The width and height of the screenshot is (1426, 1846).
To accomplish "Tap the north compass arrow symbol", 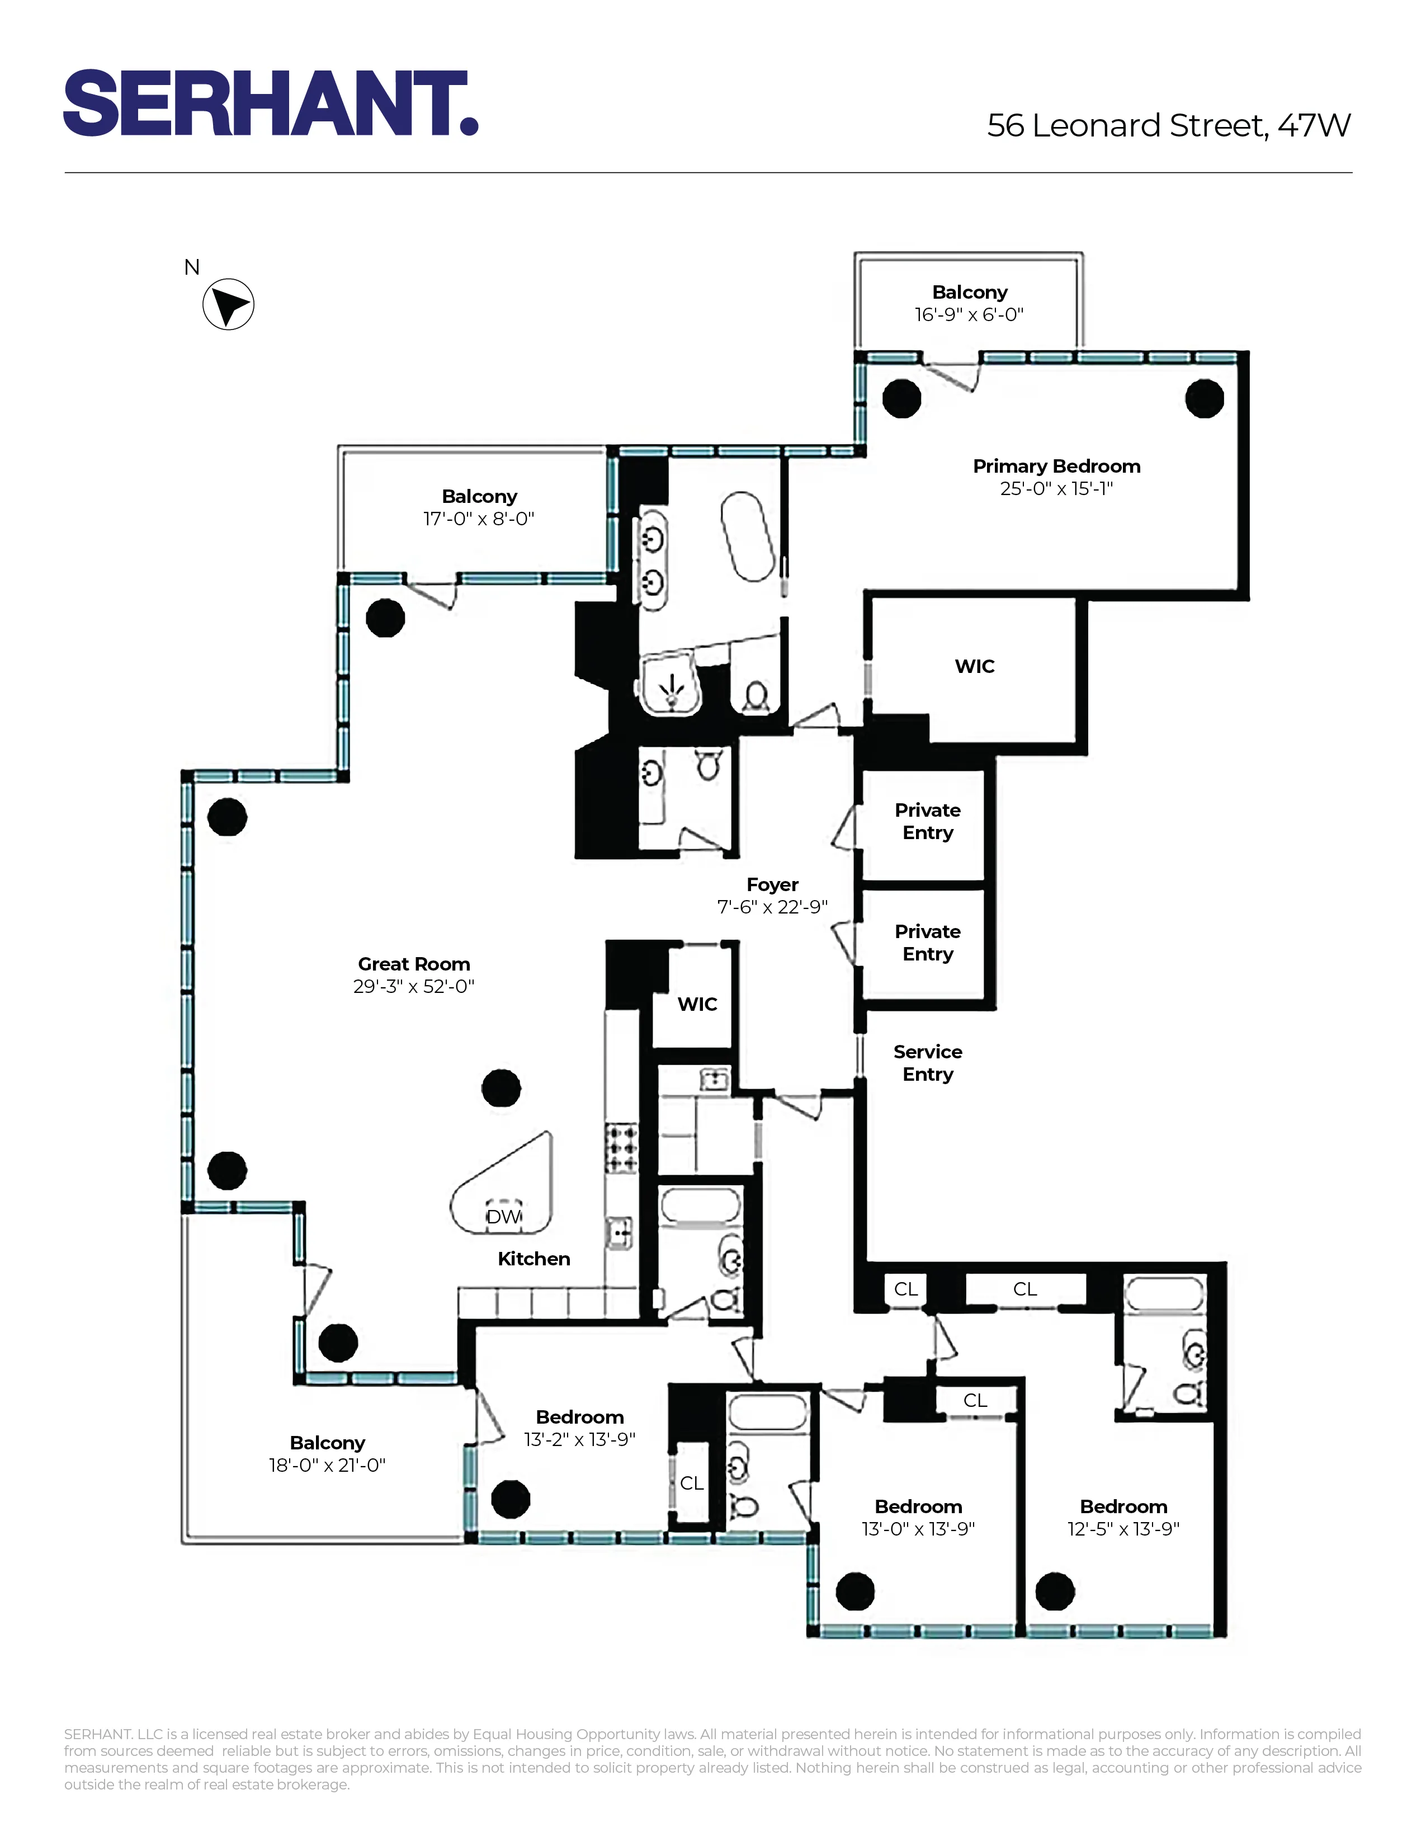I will pos(228,304).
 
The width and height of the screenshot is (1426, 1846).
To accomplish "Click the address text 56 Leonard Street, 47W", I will pos(1168,126).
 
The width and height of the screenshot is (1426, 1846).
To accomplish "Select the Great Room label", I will pos(413,964).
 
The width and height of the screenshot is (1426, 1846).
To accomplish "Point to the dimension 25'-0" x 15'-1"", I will pos(1056,488).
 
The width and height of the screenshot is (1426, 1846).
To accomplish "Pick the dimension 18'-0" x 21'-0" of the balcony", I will pos(327,1465).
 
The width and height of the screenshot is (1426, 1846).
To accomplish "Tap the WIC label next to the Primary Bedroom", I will pos(974,666).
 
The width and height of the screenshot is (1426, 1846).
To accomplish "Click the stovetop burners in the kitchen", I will pos(622,1148).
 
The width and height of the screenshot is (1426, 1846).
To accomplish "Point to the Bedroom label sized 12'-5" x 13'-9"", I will pos(1123,1506).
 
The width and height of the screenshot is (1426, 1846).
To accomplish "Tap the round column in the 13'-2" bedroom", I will pos(510,1499).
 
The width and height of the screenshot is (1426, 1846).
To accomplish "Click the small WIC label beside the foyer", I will pos(697,1004).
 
